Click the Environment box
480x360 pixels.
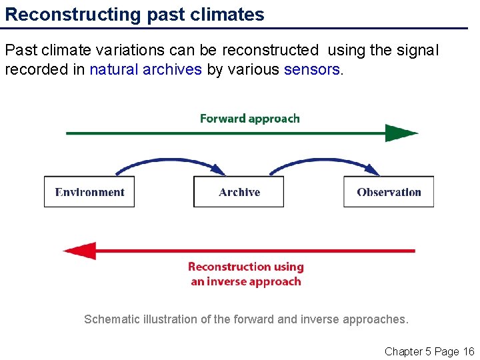tap(89, 192)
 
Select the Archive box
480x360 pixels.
tap(239, 192)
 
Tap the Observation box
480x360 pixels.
tap(389, 192)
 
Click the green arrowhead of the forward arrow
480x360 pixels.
tap(401, 133)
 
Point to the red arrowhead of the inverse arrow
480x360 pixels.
tap(79, 251)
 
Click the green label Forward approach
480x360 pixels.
tap(250, 119)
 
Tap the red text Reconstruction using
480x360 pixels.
tap(246, 267)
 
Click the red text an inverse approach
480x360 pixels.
tap(246, 281)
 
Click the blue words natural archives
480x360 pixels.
tap(145, 70)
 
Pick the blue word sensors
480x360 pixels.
tap(312, 70)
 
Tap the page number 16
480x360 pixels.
tap(467, 351)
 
